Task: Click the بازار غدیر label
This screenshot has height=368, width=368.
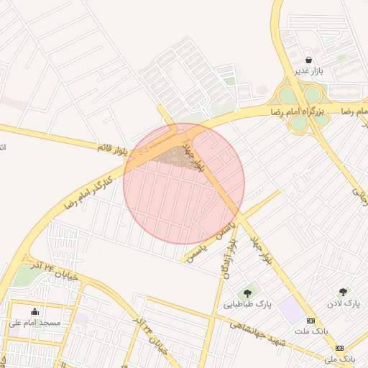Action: [309, 72]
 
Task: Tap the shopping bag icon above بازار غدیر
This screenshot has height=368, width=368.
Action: [308, 60]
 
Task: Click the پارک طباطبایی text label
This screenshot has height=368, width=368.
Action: [249, 304]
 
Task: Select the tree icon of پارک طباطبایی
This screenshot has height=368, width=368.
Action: [248, 293]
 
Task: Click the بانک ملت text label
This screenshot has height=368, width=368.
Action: [311, 331]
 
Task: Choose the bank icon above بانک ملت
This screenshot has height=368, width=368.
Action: [310, 321]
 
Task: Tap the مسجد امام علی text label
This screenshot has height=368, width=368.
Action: [34, 323]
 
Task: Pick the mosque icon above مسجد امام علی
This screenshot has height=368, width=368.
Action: [34, 311]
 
